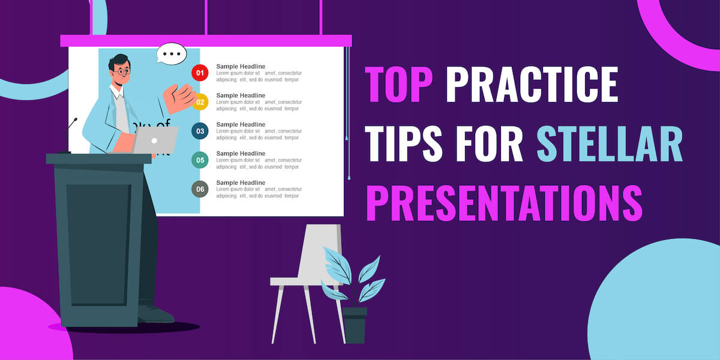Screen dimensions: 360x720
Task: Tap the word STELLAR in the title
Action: tap(609, 145)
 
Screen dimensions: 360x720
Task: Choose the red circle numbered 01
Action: tap(200, 74)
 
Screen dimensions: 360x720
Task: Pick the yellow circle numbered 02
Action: tap(200, 102)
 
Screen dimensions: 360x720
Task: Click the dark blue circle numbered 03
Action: tap(200, 131)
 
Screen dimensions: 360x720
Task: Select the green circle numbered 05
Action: tap(200, 160)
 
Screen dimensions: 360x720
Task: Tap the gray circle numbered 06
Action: tap(200, 189)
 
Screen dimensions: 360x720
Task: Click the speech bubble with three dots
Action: tap(172, 54)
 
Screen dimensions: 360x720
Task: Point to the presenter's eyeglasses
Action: tap(122, 71)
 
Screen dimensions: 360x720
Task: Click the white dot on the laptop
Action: tap(154, 140)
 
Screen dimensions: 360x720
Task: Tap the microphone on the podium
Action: tap(73, 122)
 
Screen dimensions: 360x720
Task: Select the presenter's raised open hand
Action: tap(180, 98)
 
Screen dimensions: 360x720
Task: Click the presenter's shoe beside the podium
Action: tap(157, 314)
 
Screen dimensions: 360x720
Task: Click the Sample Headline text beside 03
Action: tap(241, 124)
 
